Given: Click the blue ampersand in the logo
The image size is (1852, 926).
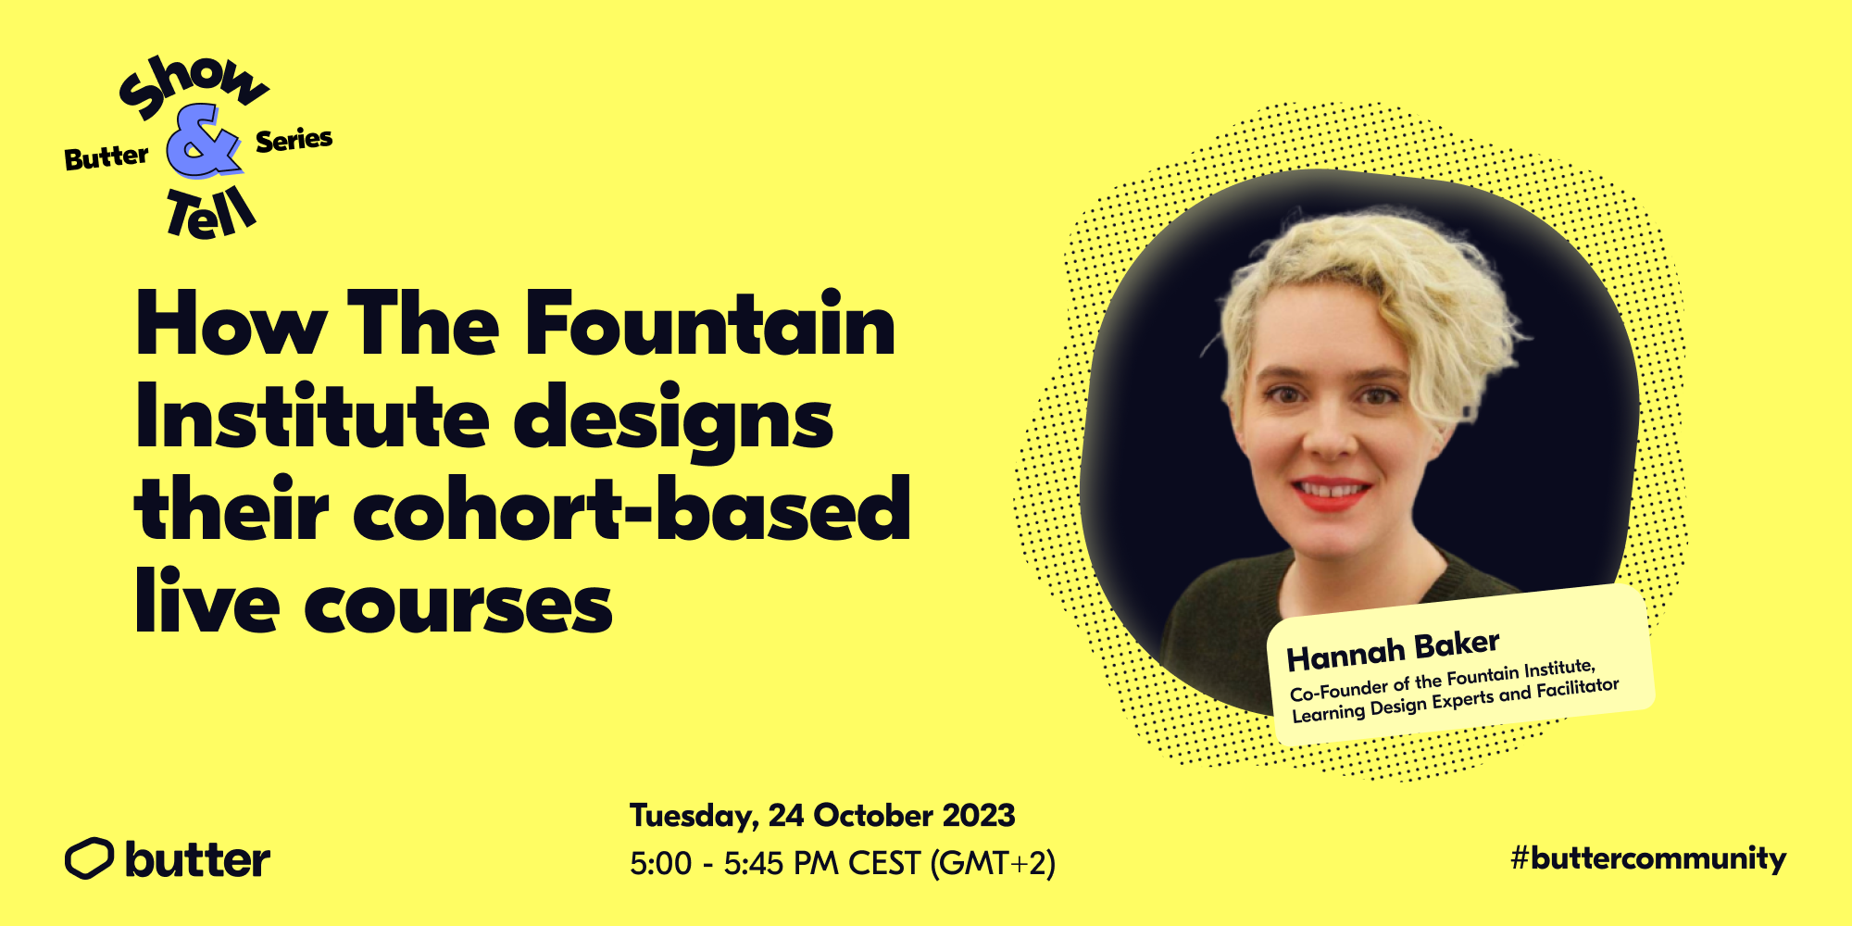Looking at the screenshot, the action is click(204, 144).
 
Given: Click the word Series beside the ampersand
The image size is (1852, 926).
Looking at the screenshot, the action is click(294, 141).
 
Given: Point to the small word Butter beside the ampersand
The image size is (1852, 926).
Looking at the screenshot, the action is click(106, 157).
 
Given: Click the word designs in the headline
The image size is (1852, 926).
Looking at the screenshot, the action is click(673, 421).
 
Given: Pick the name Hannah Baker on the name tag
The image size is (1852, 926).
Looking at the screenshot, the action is click(1393, 651).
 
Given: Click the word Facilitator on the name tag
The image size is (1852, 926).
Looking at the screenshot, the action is click(1578, 689).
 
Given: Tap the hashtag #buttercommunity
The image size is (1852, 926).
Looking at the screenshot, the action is click(1648, 858).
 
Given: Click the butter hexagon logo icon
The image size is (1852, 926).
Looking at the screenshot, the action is click(89, 858).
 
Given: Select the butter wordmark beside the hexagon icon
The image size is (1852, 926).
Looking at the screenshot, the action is click(197, 859).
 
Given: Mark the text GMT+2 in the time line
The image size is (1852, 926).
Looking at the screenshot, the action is click(992, 863).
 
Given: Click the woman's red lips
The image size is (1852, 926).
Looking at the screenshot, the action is click(1331, 492).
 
